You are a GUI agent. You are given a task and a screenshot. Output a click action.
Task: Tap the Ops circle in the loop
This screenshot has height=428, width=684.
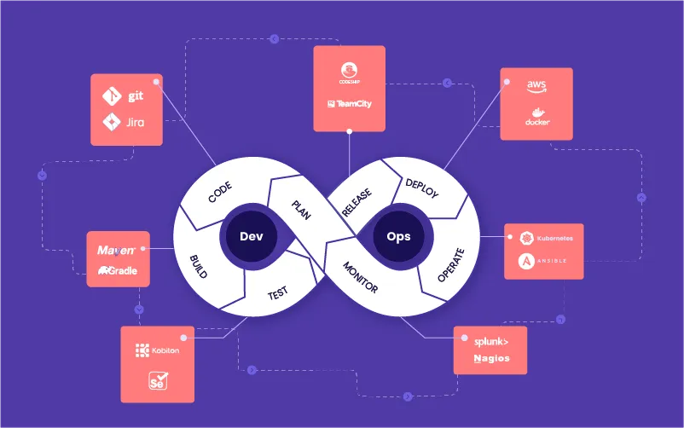[398, 236]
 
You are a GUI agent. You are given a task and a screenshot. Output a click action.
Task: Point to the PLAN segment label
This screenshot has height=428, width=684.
[301, 209]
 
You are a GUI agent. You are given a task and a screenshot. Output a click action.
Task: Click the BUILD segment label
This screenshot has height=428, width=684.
[199, 267]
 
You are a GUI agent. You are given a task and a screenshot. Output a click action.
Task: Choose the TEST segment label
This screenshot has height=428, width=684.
[277, 293]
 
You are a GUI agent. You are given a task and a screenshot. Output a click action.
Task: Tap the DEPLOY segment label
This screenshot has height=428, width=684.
[421, 188]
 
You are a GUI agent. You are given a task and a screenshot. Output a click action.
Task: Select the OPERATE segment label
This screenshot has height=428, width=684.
[450, 265]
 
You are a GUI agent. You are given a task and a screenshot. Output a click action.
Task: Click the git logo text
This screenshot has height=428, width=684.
[135, 96]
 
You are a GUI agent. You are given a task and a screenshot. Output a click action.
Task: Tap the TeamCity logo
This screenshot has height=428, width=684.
[349, 104]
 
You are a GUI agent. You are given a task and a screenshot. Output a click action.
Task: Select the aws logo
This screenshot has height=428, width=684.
[536, 86]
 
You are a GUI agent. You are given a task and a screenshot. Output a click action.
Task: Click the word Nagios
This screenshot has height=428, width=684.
[492, 358]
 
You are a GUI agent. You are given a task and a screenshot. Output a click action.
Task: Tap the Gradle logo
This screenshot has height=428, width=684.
[118, 270]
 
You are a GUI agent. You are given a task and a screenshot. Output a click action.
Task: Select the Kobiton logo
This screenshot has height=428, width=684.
[157, 350]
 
